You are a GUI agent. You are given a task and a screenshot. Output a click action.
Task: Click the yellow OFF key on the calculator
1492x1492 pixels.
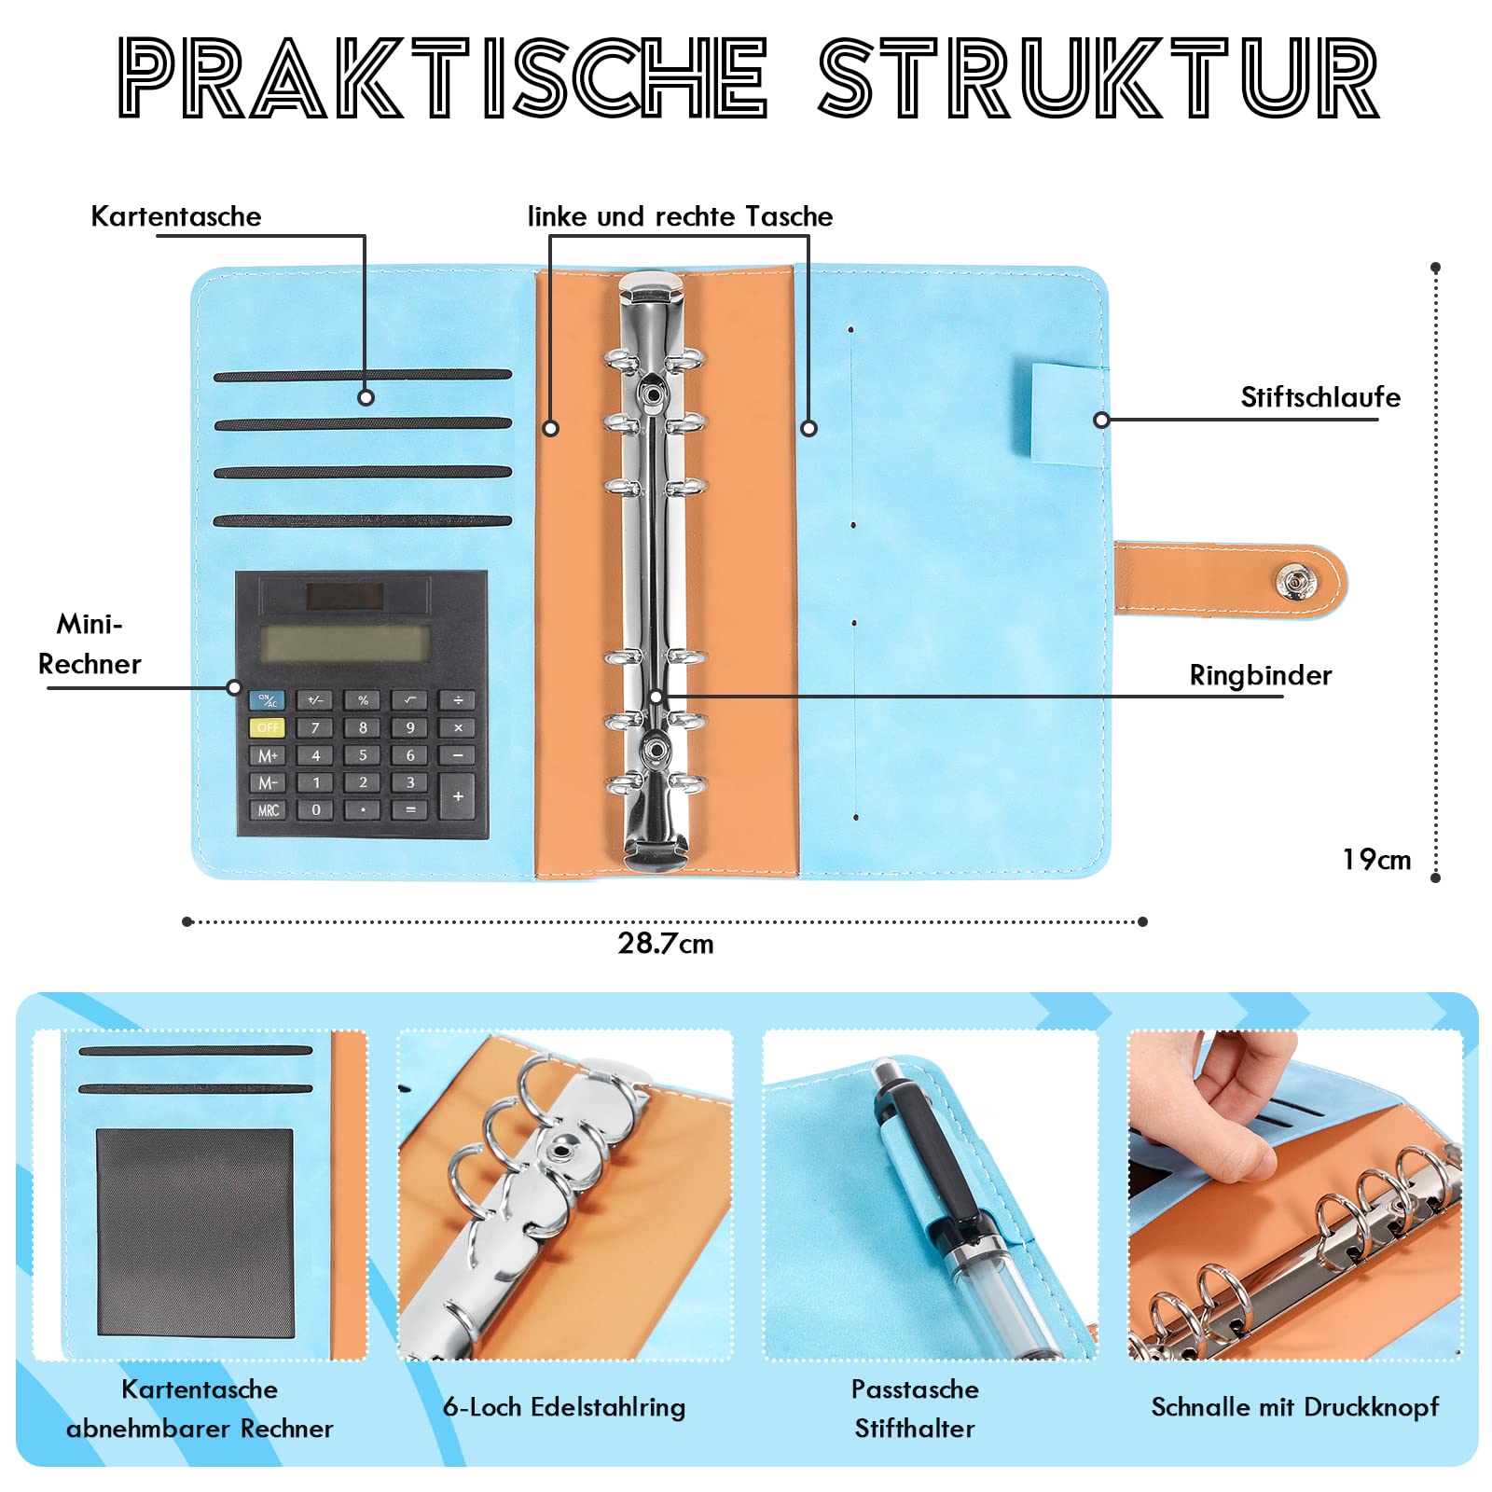coord(268,727)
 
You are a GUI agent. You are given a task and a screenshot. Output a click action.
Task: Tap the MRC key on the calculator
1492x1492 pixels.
coord(268,810)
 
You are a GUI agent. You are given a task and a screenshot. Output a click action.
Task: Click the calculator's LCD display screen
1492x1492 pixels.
coord(345,642)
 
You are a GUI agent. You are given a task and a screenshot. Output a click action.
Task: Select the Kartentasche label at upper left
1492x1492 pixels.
coord(176,216)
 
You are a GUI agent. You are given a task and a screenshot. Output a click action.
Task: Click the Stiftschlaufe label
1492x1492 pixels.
coord(1319,397)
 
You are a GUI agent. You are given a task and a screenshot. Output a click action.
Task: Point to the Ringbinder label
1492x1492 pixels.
coord(1260,675)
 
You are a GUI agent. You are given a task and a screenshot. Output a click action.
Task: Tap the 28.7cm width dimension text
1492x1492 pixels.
coord(665,944)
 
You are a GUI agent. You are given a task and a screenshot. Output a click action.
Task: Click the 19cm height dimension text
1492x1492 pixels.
coord(1375,860)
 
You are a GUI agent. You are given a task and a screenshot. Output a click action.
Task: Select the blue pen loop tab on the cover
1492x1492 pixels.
coord(1068,415)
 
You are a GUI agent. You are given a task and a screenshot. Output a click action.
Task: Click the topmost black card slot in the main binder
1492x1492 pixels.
coord(363,376)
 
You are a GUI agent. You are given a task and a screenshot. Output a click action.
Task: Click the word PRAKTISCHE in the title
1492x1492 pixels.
coord(443,78)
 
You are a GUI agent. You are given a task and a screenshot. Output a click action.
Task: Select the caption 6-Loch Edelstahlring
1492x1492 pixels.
coord(564,1407)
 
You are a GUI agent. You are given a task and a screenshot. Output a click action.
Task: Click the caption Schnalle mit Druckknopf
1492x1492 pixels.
coord(1294,1407)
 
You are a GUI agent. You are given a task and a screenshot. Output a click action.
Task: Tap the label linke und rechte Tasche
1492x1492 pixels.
coord(680,216)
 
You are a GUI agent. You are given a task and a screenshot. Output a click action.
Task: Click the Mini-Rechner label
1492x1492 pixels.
coord(90,643)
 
